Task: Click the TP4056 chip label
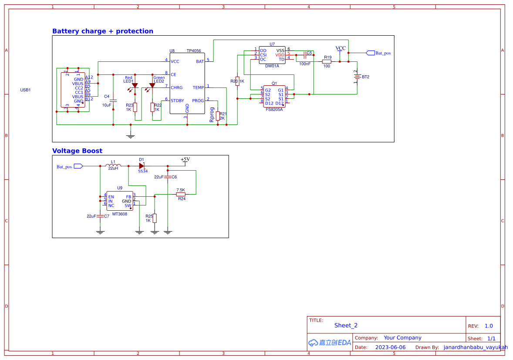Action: [x=193, y=51]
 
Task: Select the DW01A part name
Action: [x=272, y=66]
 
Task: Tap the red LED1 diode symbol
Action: [x=135, y=86]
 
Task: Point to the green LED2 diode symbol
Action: [x=152, y=86]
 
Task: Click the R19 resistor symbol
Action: [x=327, y=61]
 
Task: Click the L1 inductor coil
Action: [x=113, y=166]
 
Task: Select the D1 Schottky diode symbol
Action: [x=142, y=166]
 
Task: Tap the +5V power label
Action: [x=185, y=159]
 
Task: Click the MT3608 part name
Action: [x=120, y=214]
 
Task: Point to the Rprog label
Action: [x=212, y=114]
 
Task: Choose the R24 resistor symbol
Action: [x=181, y=194]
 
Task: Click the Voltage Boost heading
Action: [x=77, y=151]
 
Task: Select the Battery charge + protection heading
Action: [x=102, y=31]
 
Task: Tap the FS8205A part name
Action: [x=274, y=109]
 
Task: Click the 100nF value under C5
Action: [x=305, y=64]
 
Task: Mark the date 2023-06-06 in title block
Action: [x=390, y=347]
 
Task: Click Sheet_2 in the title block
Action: [x=346, y=325]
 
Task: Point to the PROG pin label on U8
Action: [x=198, y=101]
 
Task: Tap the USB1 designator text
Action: [x=26, y=90]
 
